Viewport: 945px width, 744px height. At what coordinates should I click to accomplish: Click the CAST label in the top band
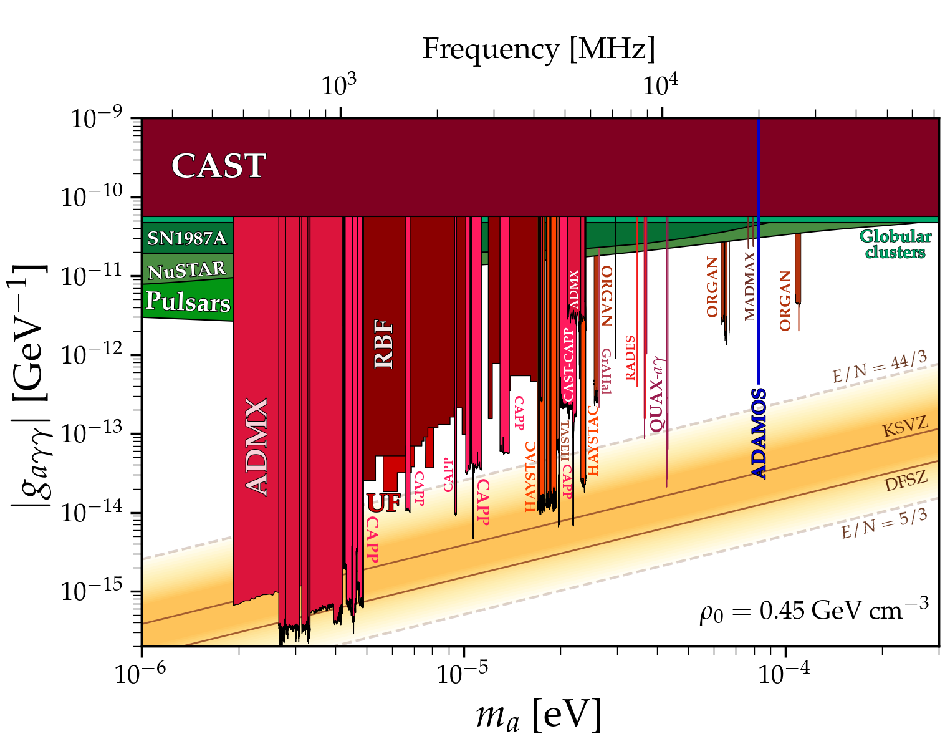[x=218, y=166]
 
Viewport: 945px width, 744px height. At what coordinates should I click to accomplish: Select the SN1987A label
[x=186, y=239]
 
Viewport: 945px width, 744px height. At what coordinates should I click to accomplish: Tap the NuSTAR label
[x=187, y=270]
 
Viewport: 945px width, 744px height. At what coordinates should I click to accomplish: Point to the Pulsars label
[x=188, y=302]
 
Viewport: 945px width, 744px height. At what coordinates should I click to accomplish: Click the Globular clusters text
[x=895, y=244]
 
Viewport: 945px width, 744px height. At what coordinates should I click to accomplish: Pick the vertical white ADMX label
[x=257, y=447]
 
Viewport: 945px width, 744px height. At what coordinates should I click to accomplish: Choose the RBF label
[x=384, y=344]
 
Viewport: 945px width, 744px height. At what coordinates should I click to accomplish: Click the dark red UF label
[x=383, y=503]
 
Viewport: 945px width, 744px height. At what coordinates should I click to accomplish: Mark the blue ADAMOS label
[x=759, y=433]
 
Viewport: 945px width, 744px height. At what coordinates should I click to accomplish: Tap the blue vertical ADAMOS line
[x=758, y=249]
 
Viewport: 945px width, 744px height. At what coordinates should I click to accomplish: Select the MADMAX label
[x=750, y=286]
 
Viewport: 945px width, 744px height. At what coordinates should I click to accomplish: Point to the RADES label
[x=630, y=358]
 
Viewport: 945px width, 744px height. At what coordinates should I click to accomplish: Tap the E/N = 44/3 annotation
[x=879, y=368]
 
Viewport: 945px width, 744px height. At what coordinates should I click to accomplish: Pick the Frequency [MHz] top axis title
[x=539, y=49]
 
